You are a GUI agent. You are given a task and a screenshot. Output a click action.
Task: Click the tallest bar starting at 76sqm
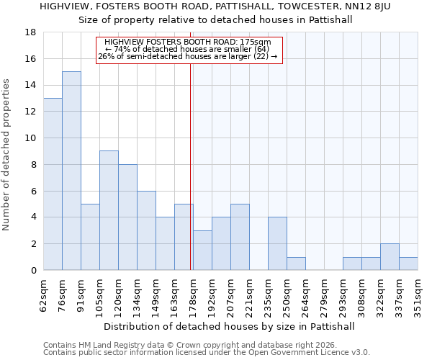[71, 171]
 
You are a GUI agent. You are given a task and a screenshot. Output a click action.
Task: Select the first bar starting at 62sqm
[53, 184]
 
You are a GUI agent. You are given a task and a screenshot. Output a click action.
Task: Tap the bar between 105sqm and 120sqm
[109, 210]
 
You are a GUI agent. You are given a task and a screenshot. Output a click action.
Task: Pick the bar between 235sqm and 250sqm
[277, 243]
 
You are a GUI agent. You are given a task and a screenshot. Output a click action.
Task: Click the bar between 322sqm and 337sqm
[390, 257]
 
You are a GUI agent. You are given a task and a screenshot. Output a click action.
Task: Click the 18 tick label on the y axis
[31, 32]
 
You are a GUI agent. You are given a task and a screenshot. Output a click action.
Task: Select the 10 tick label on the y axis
[31, 138]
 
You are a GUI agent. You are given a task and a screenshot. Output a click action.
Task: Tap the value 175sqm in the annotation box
[256, 42]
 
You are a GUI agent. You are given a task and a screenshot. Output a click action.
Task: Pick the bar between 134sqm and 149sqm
[146, 230]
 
